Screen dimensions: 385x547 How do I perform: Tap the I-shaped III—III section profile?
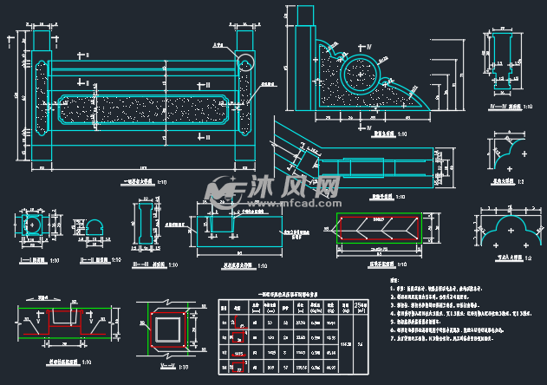click(142, 224)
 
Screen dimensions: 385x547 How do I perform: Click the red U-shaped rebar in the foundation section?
click(66, 321)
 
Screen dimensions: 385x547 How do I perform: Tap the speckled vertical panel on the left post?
click(41, 95)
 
